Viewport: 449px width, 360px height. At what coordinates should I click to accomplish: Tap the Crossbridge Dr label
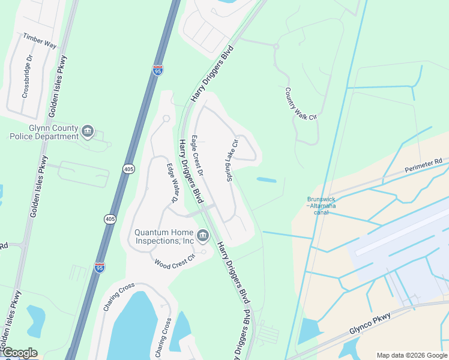[26, 83]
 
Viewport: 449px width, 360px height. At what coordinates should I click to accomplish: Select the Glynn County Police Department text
[44, 132]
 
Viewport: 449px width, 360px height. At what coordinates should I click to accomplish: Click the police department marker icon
[88, 131]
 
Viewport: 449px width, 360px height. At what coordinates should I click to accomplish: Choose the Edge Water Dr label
[172, 182]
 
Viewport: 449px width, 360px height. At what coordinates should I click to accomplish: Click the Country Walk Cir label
[300, 104]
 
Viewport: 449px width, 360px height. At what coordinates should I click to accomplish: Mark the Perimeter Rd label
[423, 161]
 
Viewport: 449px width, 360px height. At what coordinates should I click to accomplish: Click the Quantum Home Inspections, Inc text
[164, 236]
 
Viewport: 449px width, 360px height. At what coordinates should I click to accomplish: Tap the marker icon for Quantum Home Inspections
[202, 234]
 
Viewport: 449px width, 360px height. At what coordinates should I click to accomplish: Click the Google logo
[19, 353]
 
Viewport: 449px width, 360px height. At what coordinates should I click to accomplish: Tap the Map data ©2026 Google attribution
[411, 355]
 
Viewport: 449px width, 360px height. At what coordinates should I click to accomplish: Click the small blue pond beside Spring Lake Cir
[266, 179]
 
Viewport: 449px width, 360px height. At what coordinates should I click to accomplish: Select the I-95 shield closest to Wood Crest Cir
[100, 268]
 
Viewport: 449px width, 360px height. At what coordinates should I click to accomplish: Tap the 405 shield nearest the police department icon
[128, 170]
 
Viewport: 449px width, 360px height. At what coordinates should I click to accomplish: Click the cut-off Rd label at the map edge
[3, 246]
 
